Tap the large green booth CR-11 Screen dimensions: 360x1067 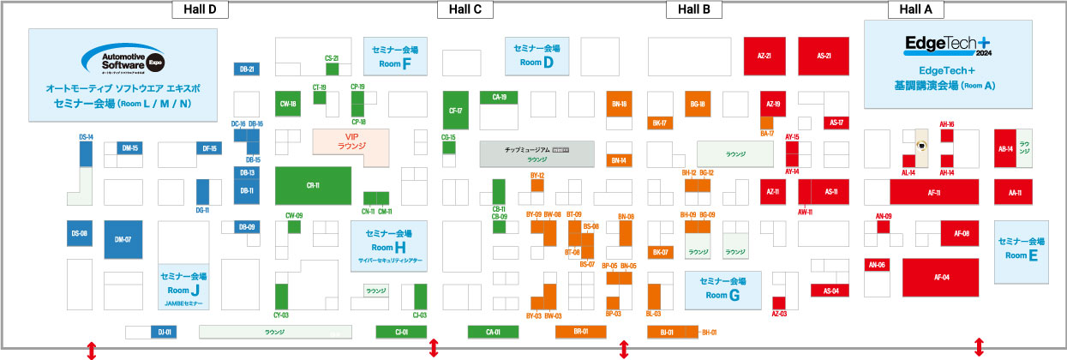coord(313,185)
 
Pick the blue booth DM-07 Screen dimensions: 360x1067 coord(123,239)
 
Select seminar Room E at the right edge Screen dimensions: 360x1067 coord(1022,249)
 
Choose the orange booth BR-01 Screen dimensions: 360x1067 coord(580,332)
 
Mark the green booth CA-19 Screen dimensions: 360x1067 coord(500,98)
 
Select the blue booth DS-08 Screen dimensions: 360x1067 coord(79,233)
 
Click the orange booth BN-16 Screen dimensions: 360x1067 coord(619,104)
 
